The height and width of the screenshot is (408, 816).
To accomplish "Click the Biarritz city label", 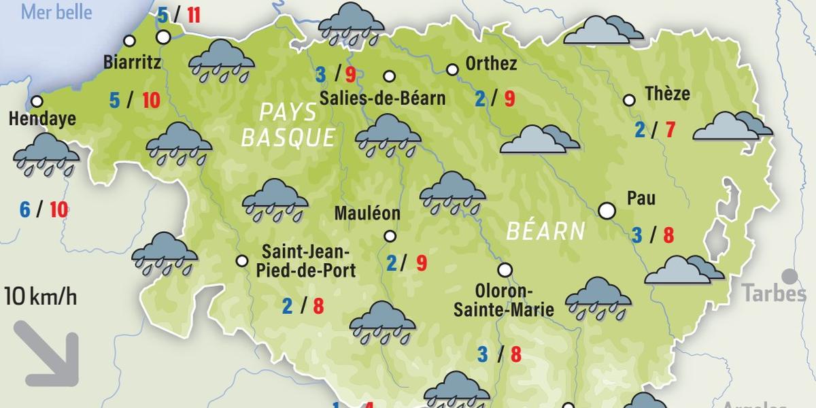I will click(x=133, y=63).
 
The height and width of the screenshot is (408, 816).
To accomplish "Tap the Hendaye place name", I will click(x=42, y=120).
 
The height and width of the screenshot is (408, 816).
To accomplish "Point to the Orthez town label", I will click(x=491, y=65).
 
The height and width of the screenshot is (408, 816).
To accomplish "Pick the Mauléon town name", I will click(x=367, y=214).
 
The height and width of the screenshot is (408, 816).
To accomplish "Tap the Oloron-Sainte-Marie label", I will click(x=503, y=300).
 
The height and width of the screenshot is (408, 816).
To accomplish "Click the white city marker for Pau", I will click(x=607, y=211).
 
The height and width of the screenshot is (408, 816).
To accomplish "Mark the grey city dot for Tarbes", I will click(x=789, y=276).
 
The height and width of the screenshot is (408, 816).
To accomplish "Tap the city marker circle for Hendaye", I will click(x=37, y=102).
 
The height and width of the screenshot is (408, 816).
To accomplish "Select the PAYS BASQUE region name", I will click(x=288, y=124).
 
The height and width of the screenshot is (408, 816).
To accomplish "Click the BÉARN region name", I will click(x=545, y=231).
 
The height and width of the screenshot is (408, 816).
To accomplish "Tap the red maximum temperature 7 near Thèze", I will click(x=670, y=129).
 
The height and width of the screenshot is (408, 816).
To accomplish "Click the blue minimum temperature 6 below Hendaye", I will click(x=24, y=209).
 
